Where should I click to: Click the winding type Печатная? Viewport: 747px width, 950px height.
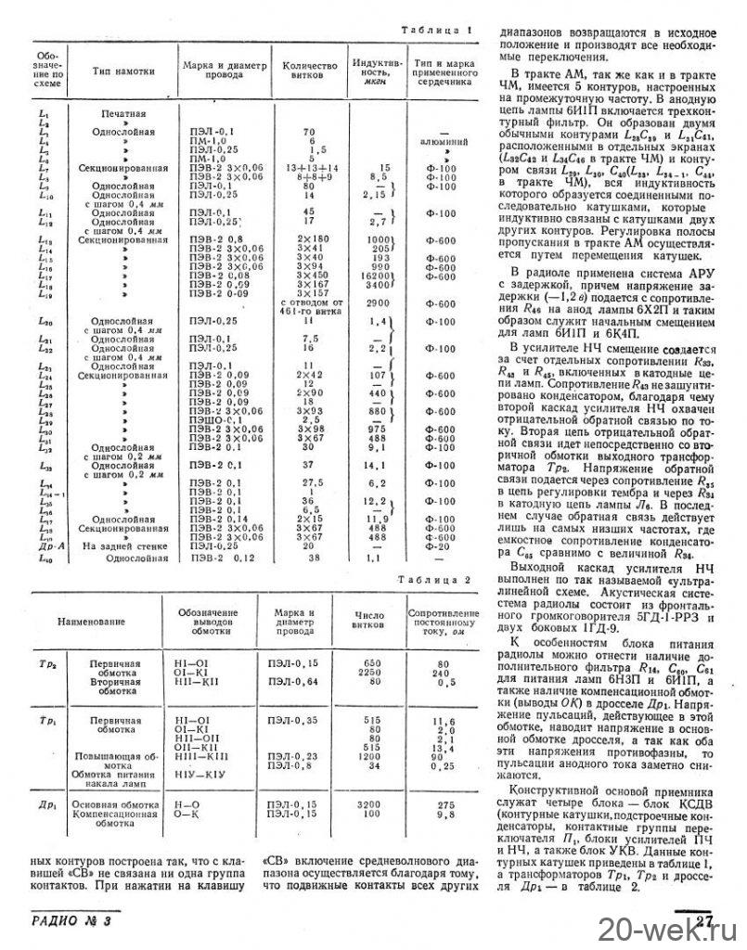click(119, 112)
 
